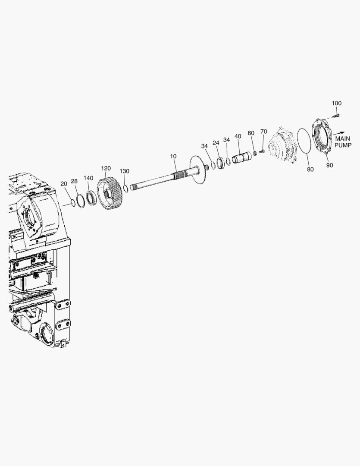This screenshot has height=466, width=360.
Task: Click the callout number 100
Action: [337, 103]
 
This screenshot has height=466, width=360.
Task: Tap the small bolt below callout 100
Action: [336, 115]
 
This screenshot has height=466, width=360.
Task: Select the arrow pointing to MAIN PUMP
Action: [339, 133]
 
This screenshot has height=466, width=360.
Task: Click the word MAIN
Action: [342, 139]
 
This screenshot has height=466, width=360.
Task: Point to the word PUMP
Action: [343, 145]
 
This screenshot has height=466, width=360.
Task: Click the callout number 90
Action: [330, 165]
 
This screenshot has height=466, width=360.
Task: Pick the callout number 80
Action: [310, 170]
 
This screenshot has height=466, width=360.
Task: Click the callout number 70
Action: [263, 131]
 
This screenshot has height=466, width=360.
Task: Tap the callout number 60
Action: [251, 133]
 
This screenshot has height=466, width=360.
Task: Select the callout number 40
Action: [238, 136]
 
